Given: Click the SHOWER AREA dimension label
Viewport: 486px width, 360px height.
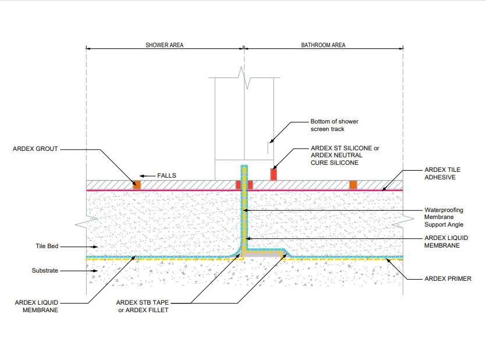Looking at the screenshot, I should click(x=165, y=45).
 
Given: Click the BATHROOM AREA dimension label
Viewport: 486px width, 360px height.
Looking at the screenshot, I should click(x=323, y=45).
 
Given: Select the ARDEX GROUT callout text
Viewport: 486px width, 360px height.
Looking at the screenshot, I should click(x=36, y=149).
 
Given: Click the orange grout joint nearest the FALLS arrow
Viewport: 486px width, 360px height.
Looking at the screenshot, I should click(x=137, y=185).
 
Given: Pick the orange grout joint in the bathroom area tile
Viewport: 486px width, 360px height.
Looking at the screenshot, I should click(x=353, y=185).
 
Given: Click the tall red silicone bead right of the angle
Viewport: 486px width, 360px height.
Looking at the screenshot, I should click(x=272, y=174).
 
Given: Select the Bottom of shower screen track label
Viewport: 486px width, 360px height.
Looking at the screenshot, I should click(x=334, y=125).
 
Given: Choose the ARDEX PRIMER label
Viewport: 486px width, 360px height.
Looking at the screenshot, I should click(x=448, y=279).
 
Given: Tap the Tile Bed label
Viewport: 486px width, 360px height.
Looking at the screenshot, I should click(x=47, y=246).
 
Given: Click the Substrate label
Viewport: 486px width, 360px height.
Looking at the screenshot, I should click(x=45, y=271).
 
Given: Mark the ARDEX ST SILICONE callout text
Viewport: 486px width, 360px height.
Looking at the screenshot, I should click(x=345, y=156).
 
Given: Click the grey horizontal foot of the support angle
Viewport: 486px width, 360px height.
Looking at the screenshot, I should click(x=262, y=255).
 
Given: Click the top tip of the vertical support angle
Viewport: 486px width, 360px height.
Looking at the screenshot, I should click(x=244, y=167).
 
